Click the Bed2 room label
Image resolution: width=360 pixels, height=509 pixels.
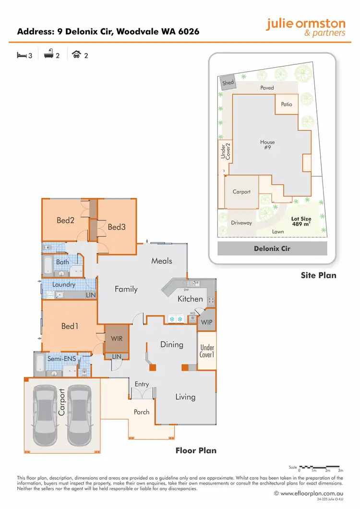pos(65,220)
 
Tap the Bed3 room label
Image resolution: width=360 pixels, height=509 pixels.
pos(117,227)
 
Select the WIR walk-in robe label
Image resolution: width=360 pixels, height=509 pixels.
pos(117,339)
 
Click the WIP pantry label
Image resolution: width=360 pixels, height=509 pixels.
pos(207,322)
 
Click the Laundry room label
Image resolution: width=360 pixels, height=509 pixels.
pos(64,285)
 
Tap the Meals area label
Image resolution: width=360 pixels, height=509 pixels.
pos(162,261)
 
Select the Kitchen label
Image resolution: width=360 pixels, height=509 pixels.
pos(191,299)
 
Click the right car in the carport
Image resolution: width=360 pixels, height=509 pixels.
pos(80,415)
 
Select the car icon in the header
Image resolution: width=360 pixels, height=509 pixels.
pos(76,55)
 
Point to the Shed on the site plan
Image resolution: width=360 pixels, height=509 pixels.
pos(228,83)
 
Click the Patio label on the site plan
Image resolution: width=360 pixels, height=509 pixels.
pos(287,104)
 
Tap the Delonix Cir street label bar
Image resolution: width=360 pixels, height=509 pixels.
pos(272,249)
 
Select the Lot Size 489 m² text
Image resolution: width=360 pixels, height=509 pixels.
pos(301,221)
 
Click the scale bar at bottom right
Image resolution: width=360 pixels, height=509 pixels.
pos(319,467)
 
